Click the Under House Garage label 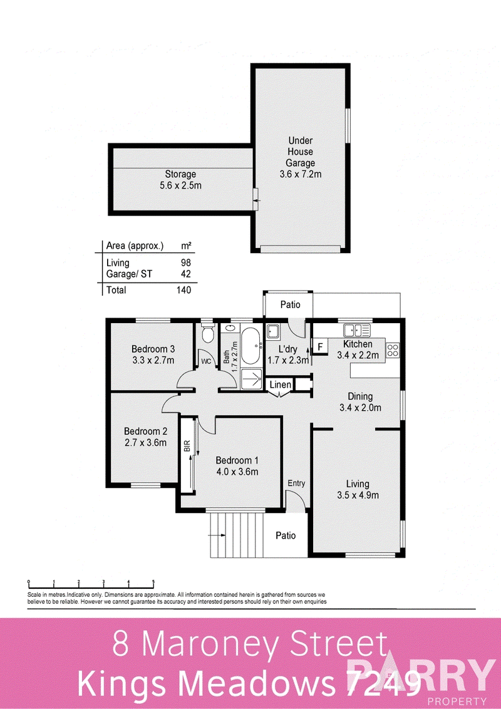coord(301,157)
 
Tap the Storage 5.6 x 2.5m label coord(180,180)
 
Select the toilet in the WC coord(207,334)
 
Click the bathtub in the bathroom coord(252,346)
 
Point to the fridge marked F coord(320,347)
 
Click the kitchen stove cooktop coord(393,349)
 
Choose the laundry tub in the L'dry coord(272,331)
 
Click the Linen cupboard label coord(281,385)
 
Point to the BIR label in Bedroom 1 coord(186,447)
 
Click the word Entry coord(296,484)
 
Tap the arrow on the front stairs coord(217,536)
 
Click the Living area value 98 coord(185,262)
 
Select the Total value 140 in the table coord(183,290)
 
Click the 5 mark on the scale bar coord(153,582)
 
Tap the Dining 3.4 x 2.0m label coord(360,402)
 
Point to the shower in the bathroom coord(252,378)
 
